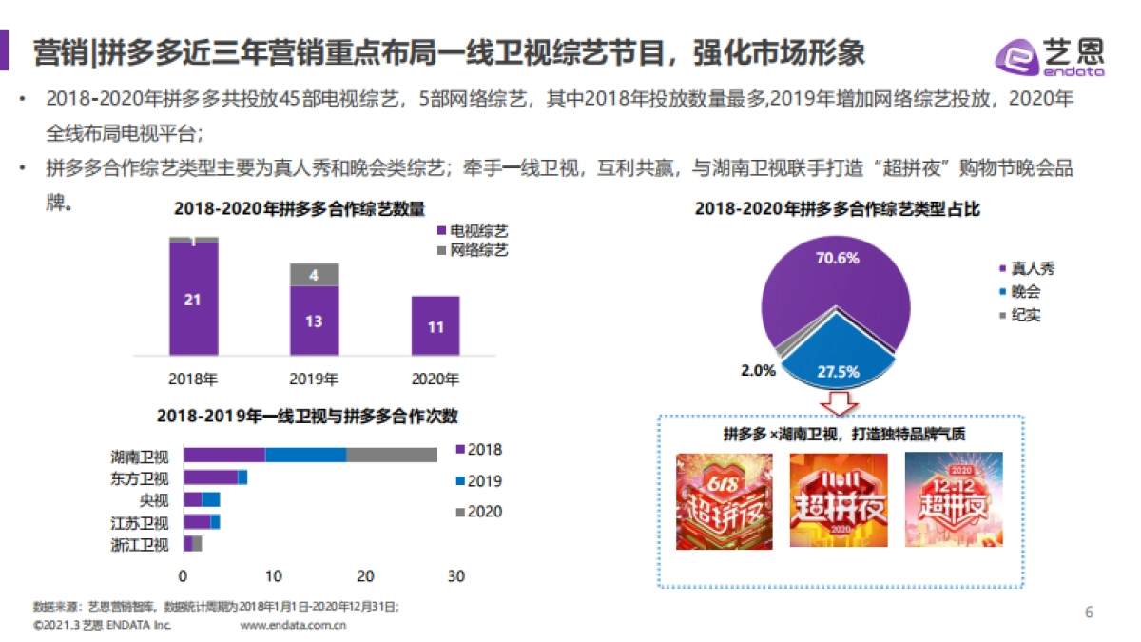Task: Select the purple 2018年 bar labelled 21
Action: tap(193, 300)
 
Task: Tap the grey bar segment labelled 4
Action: tap(314, 275)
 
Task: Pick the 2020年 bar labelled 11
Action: tap(435, 326)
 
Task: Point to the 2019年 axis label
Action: tap(314, 379)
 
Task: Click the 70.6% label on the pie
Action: tap(837, 258)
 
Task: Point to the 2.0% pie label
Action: tap(758, 371)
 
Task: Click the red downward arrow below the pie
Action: tap(838, 401)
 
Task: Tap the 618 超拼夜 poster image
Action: tap(724, 500)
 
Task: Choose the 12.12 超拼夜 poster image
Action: tap(953, 500)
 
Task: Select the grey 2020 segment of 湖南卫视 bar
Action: tap(392, 455)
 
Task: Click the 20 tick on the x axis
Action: tap(365, 575)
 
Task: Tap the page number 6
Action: tap(1090, 612)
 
